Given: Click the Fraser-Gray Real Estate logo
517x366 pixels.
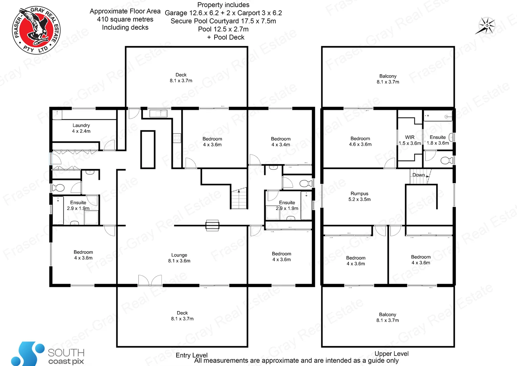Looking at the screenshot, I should coord(36,30).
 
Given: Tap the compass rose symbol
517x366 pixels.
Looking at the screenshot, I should coord(487,26).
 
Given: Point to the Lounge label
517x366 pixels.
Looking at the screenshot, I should coord(179,255).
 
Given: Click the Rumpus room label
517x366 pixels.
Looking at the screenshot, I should coord(359,194).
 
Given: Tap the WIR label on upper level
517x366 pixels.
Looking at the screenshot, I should coord(410,137).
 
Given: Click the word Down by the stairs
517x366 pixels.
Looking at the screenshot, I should coord(419,175).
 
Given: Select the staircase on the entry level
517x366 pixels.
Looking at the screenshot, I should coord(239,199).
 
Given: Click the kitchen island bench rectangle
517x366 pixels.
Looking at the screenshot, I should coord(148,149).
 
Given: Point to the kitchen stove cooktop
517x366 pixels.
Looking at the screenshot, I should coord(177,138).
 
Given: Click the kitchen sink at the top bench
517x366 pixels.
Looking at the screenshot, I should coord(158,113).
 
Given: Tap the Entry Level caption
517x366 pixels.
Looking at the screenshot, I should coord(192,355).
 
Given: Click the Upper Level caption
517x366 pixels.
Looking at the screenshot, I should coord(391,353).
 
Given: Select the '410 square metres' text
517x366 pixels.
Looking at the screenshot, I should coord(125,19).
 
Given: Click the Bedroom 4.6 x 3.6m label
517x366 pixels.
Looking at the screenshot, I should coord(360,141).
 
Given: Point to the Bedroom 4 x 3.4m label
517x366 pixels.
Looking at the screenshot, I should coord(280,142).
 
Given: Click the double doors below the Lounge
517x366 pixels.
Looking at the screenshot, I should coord(150,281).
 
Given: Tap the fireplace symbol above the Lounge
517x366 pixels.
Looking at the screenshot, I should coord(212,225).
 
